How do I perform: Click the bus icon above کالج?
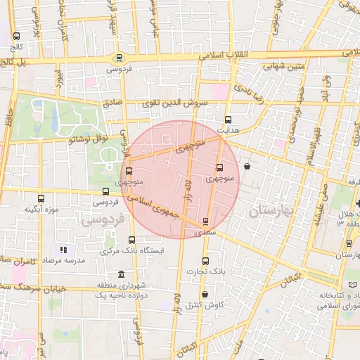[17, 36]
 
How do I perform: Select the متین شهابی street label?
[284, 67]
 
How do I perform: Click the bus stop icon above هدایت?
[227, 120]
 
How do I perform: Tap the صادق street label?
[112, 103]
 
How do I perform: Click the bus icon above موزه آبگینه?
[41, 198]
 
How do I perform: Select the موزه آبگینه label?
[40, 209]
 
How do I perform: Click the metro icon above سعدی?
[205, 221]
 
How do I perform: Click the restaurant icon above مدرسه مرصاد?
[63, 249]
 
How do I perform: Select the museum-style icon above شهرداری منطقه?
[122, 274]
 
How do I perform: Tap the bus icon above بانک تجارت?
[205, 260]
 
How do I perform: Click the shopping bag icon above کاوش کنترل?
[205, 294]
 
